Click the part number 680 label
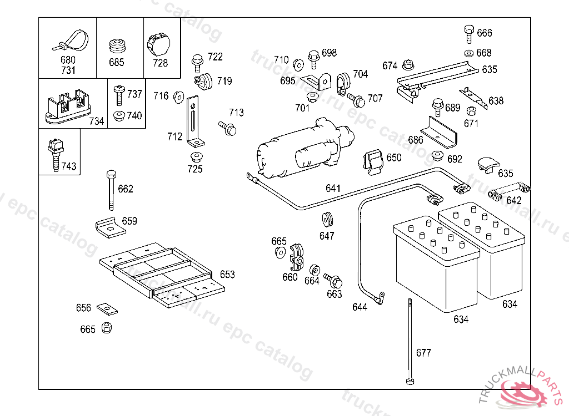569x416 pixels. (x=68, y=60)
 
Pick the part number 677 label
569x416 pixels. (x=423, y=353)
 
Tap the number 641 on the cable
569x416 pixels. (x=333, y=189)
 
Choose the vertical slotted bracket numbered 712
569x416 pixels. (x=193, y=119)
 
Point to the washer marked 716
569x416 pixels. (x=179, y=97)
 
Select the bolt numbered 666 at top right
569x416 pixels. (x=468, y=33)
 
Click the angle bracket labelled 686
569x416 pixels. (x=439, y=131)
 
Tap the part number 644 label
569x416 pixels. (x=360, y=307)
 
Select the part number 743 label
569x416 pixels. (x=69, y=166)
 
